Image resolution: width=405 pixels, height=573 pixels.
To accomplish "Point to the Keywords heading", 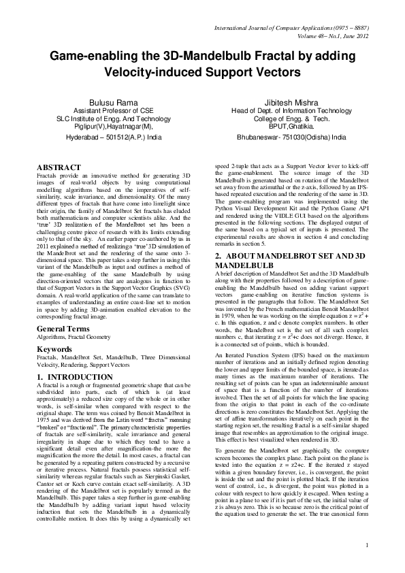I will click(x=56, y=330).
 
